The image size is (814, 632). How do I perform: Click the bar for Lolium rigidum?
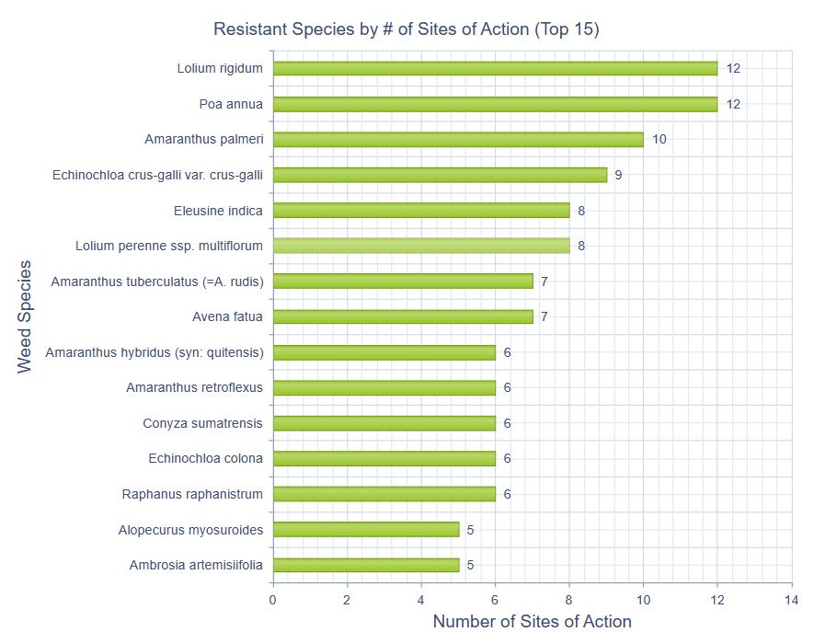(x=495, y=68)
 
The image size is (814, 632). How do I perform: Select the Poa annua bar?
(x=495, y=104)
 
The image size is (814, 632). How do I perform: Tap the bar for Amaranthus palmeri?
(x=458, y=140)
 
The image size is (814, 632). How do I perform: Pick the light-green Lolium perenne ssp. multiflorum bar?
(x=421, y=246)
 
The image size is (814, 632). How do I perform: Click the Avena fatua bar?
(x=403, y=316)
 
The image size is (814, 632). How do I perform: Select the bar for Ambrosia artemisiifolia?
(x=366, y=565)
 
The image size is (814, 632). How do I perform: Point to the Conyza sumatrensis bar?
(x=384, y=423)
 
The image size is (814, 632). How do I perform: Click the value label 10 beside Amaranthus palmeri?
(x=659, y=140)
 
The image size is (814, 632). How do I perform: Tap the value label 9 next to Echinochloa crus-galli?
(x=618, y=175)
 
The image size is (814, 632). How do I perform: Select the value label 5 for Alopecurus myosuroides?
(x=470, y=530)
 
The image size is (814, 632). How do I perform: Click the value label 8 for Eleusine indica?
(x=581, y=211)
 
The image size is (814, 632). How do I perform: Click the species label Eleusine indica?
(x=218, y=211)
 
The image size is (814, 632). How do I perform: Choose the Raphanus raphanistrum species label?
(x=192, y=494)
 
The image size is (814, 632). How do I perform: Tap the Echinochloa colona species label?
(x=205, y=458)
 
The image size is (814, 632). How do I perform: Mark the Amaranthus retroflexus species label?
(x=194, y=387)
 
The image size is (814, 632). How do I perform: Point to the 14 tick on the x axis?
(x=791, y=600)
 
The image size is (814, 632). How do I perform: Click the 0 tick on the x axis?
(x=273, y=600)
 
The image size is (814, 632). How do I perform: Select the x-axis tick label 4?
(x=421, y=600)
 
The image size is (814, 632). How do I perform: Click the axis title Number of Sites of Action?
(x=532, y=622)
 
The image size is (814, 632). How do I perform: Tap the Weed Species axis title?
(x=25, y=316)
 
